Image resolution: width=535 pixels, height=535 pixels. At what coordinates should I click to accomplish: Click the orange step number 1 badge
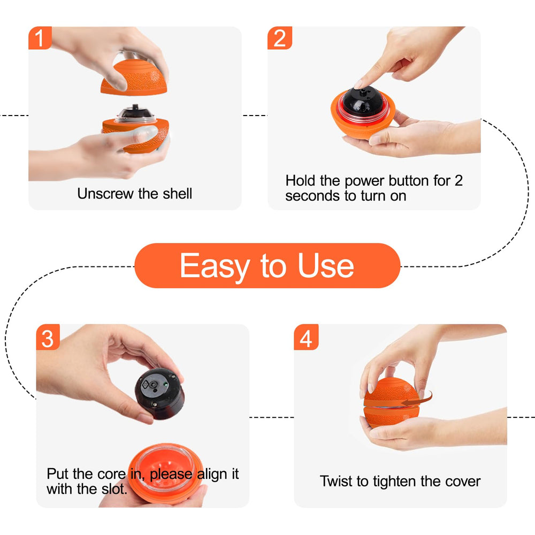(x=40, y=38)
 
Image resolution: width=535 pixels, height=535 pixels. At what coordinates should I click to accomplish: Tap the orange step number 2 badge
(x=279, y=38)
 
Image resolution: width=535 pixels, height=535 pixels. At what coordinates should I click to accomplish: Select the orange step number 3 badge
(x=48, y=338)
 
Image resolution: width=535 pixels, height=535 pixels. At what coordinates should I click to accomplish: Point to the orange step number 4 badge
(x=306, y=338)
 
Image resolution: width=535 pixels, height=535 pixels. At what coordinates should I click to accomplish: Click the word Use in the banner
(x=326, y=266)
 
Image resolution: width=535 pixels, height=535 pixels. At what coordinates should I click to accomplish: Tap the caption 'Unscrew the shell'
(x=134, y=193)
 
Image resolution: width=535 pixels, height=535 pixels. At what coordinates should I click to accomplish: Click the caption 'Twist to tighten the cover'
(x=400, y=481)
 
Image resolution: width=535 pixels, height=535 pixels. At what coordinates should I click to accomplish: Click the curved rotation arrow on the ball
(x=417, y=399)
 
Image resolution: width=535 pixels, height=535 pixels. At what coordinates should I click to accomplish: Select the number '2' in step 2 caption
(x=458, y=181)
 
